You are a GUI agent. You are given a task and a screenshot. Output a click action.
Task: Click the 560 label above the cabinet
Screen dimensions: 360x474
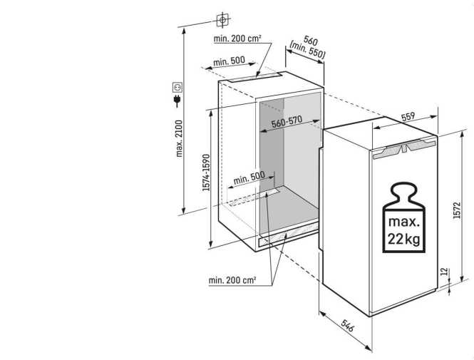click(309, 41)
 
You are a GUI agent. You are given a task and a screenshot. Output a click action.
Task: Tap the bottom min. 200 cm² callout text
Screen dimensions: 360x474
click(232, 280)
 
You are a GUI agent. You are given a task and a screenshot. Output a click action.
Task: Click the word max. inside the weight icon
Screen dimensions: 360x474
click(403, 220)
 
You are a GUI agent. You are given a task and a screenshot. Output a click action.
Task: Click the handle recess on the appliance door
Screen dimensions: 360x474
click(403, 149)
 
